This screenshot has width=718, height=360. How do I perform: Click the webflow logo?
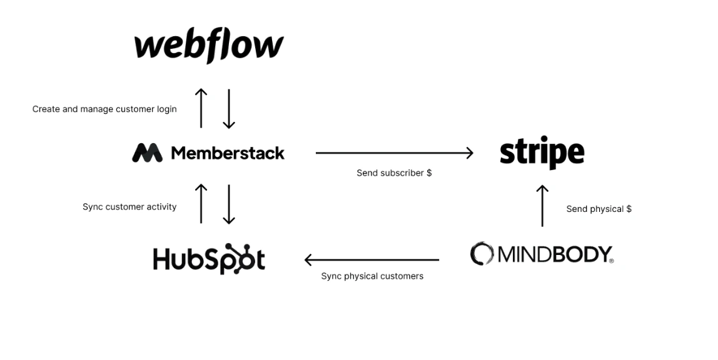[x=209, y=46]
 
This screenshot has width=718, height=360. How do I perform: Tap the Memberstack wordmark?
[x=228, y=153]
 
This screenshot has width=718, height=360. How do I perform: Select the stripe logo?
[x=542, y=152]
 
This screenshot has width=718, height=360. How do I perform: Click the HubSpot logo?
[x=209, y=259]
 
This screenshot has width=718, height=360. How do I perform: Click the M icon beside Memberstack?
[x=147, y=153]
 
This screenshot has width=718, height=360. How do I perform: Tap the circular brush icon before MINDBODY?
[x=482, y=254]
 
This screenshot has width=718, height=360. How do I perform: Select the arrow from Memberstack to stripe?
[x=394, y=152]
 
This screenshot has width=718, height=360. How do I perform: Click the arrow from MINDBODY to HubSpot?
[x=372, y=260]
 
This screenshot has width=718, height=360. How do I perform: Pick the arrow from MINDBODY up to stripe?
[x=542, y=206]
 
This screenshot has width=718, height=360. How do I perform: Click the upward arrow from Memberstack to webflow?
[x=201, y=108]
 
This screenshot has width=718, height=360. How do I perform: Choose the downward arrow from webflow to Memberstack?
[x=229, y=108]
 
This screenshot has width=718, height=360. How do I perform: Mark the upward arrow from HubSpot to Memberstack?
[x=201, y=204]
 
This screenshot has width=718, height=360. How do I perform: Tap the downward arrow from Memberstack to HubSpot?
[x=229, y=204]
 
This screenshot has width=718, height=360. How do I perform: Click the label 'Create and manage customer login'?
[x=104, y=109]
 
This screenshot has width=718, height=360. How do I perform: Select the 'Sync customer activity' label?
[x=129, y=207]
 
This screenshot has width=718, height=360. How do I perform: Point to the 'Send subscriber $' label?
[x=394, y=173]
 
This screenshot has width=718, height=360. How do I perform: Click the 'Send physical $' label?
[x=599, y=209]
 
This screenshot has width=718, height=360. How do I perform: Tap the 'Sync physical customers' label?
[x=372, y=276]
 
